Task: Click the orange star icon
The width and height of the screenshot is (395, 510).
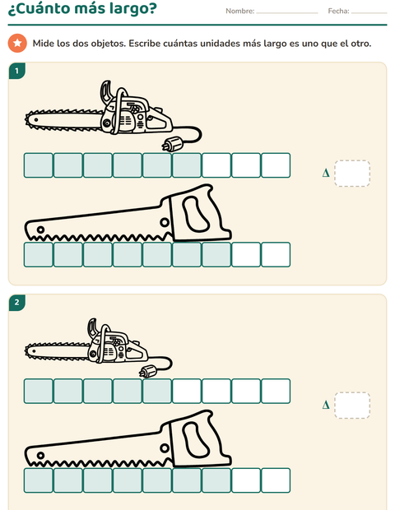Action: (17, 43)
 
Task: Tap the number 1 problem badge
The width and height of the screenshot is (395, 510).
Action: (17, 71)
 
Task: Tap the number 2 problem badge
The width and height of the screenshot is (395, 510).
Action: (17, 303)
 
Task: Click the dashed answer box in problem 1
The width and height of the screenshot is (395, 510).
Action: (352, 173)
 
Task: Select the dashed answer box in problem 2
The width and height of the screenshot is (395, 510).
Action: (352, 406)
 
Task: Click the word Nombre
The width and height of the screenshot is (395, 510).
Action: (239, 11)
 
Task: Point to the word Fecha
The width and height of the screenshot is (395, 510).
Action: (338, 11)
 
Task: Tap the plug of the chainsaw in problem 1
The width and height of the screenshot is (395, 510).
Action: (171, 145)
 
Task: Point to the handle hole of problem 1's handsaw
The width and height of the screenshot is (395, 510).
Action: (196, 214)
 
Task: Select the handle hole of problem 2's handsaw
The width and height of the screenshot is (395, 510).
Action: (196, 439)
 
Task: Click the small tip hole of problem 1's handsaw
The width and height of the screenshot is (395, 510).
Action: (40, 229)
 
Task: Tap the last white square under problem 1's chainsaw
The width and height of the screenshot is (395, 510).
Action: (276, 165)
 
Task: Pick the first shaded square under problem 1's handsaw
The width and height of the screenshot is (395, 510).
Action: (39, 255)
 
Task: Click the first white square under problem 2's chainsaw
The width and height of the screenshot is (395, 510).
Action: (187, 391)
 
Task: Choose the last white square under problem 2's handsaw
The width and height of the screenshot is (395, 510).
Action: (276, 480)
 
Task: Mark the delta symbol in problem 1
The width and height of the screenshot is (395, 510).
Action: (326, 173)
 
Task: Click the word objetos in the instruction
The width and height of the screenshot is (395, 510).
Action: (108, 44)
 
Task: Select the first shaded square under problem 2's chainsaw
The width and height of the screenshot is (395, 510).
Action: (39, 391)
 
